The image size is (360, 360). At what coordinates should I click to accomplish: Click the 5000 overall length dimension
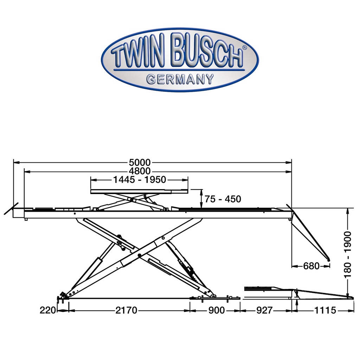pyautogui.click(x=140, y=162)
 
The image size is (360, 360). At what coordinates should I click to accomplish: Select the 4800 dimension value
pyautogui.click(x=140, y=171)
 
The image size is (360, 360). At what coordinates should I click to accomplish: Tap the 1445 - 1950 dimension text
pyautogui.click(x=139, y=180)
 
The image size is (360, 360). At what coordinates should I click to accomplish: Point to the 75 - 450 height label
pyautogui.click(x=223, y=199)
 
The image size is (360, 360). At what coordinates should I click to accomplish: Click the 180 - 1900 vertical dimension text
pyautogui.click(x=348, y=254)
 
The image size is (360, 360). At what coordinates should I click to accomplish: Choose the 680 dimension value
pyautogui.click(x=311, y=266)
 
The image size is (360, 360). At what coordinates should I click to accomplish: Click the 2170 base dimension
pyautogui.click(x=126, y=310)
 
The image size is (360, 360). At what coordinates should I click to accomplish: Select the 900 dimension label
pyautogui.click(x=215, y=310)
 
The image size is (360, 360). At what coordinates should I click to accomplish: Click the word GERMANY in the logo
pyautogui.click(x=180, y=79)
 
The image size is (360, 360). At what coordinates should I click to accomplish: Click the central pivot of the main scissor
pyautogui.click(x=140, y=255)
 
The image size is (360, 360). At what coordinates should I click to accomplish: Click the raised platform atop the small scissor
pyautogui.click(x=139, y=191)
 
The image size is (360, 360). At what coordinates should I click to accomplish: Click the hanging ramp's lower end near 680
pyautogui.click(x=328, y=259)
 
